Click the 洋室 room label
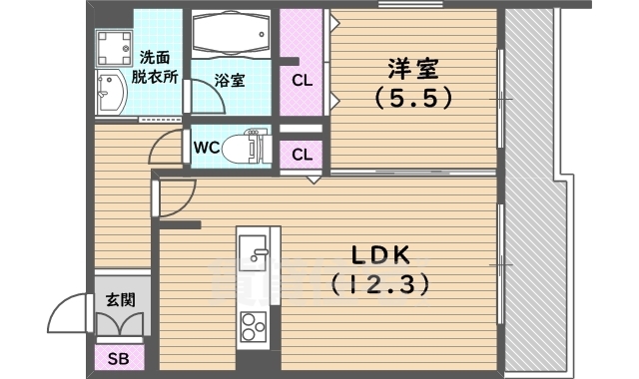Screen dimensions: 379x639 413,70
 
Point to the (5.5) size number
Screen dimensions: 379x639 413,98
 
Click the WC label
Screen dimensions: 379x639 207,148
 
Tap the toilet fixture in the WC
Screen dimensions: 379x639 246,149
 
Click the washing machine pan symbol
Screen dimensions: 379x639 115,47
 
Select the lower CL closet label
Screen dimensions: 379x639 302,155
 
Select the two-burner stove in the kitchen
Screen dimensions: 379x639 253,324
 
